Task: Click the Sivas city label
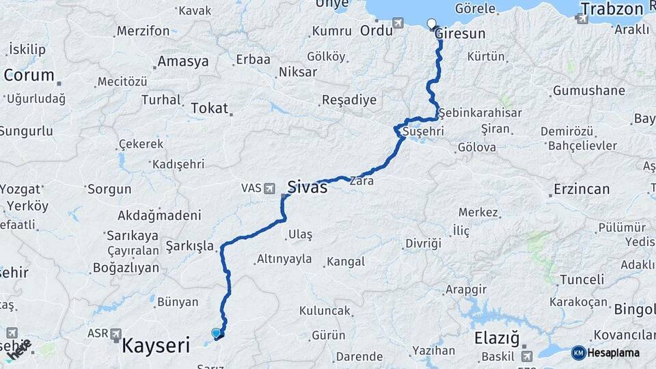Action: [x=307, y=187]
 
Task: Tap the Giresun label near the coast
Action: [x=459, y=33]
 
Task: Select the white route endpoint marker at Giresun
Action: [x=431, y=24]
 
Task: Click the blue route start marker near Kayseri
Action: [x=217, y=333]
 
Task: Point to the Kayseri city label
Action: [x=155, y=346]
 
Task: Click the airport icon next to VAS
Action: [x=270, y=187]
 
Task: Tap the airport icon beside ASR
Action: [x=115, y=335]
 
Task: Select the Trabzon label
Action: [x=612, y=9]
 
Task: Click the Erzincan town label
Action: [x=582, y=189]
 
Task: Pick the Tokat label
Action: [x=209, y=107]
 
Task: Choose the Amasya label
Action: [x=182, y=61]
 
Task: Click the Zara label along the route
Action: [x=361, y=182]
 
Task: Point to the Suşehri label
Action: [x=423, y=131]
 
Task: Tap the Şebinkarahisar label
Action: [x=480, y=113]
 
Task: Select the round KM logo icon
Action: [x=578, y=353]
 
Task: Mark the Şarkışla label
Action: [x=190, y=245]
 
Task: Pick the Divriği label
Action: [x=423, y=243]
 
